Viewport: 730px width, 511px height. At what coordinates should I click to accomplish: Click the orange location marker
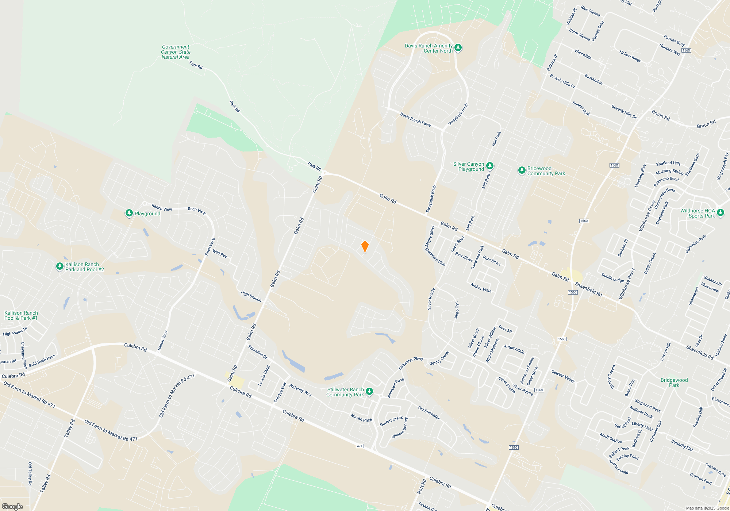tap(365, 246)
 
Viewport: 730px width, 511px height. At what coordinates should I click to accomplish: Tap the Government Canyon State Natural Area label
tap(176, 52)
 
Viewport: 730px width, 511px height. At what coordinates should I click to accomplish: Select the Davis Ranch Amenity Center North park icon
tap(458, 48)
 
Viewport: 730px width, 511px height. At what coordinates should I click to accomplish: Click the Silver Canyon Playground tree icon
tap(490, 166)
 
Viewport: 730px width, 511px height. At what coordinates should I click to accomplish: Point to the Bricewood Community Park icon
tap(522, 170)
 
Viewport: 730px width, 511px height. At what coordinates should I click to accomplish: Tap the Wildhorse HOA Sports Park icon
tap(720, 213)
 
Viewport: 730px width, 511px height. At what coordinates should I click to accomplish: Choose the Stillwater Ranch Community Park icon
tap(369, 392)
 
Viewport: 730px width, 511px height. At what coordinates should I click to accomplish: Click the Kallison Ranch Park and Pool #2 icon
tap(60, 266)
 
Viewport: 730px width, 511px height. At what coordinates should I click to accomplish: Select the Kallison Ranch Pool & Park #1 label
tap(21, 315)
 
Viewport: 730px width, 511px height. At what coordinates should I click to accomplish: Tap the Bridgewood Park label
tap(674, 383)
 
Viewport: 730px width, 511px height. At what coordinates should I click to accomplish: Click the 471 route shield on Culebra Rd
tap(360, 446)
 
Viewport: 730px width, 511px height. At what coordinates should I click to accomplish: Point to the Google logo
tap(12, 507)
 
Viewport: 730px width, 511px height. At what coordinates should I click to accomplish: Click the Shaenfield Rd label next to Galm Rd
tap(588, 289)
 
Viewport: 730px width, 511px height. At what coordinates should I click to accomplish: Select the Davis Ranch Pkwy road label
tap(415, 120)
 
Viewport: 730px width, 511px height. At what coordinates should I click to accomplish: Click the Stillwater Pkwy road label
tap(411, 363)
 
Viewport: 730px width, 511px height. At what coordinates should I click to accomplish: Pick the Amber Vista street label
tap(481, 288)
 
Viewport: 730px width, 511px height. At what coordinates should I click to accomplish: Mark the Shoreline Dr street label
tap(258, 352)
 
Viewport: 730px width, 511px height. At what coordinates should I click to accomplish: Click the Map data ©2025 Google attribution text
tap(707, 508)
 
